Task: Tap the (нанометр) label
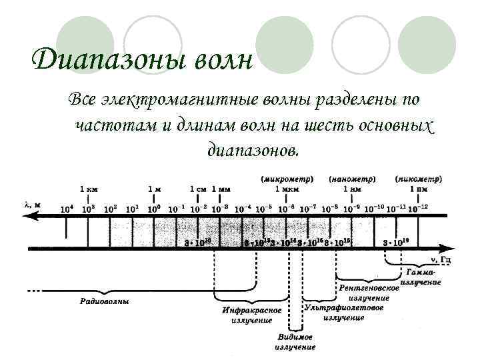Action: point(353,179)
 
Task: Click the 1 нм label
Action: point(353,189)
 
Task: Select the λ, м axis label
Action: point(33,204)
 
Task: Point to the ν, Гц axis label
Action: point(439,259)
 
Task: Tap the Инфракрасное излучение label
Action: point(251,315)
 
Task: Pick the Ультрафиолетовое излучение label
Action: point(344,313)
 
